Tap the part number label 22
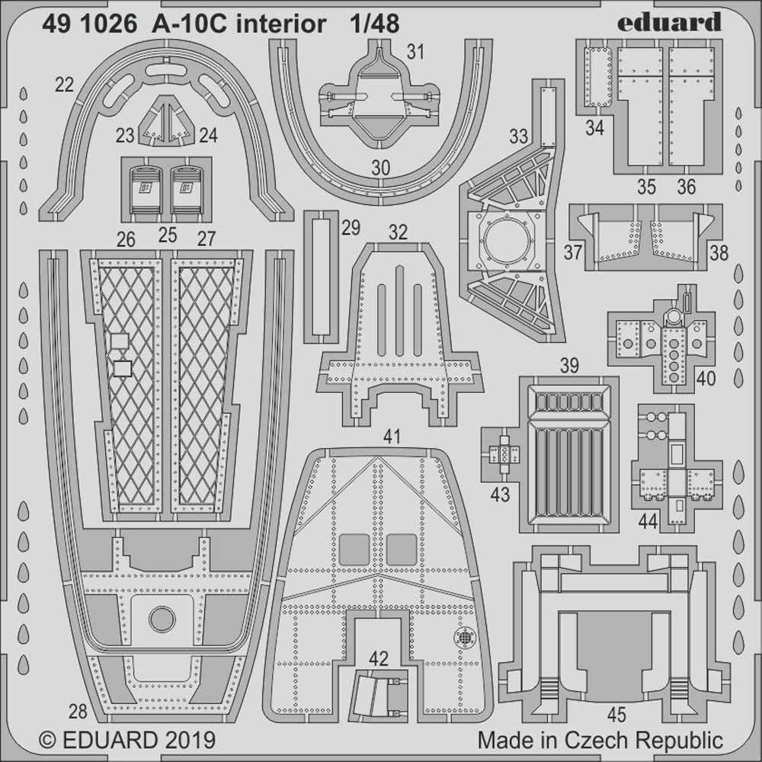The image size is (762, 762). [x=64, y=85]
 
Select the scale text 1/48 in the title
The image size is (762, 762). [x=372, y=24]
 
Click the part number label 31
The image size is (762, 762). [x=415, y=53]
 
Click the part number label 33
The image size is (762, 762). [x=519, y=137]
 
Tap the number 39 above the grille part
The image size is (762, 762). [x=568, y=366]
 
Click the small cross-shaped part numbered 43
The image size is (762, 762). [x=504, y=454]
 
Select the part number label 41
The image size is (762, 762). [x=392, y=437]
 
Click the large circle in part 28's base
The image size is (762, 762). [x=162, y=618]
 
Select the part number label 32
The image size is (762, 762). [x=398, y=233]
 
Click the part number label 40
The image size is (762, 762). [x=706, y=377]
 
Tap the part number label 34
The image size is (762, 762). [x=594, y=129]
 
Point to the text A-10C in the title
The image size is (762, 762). [x=178, y=24]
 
